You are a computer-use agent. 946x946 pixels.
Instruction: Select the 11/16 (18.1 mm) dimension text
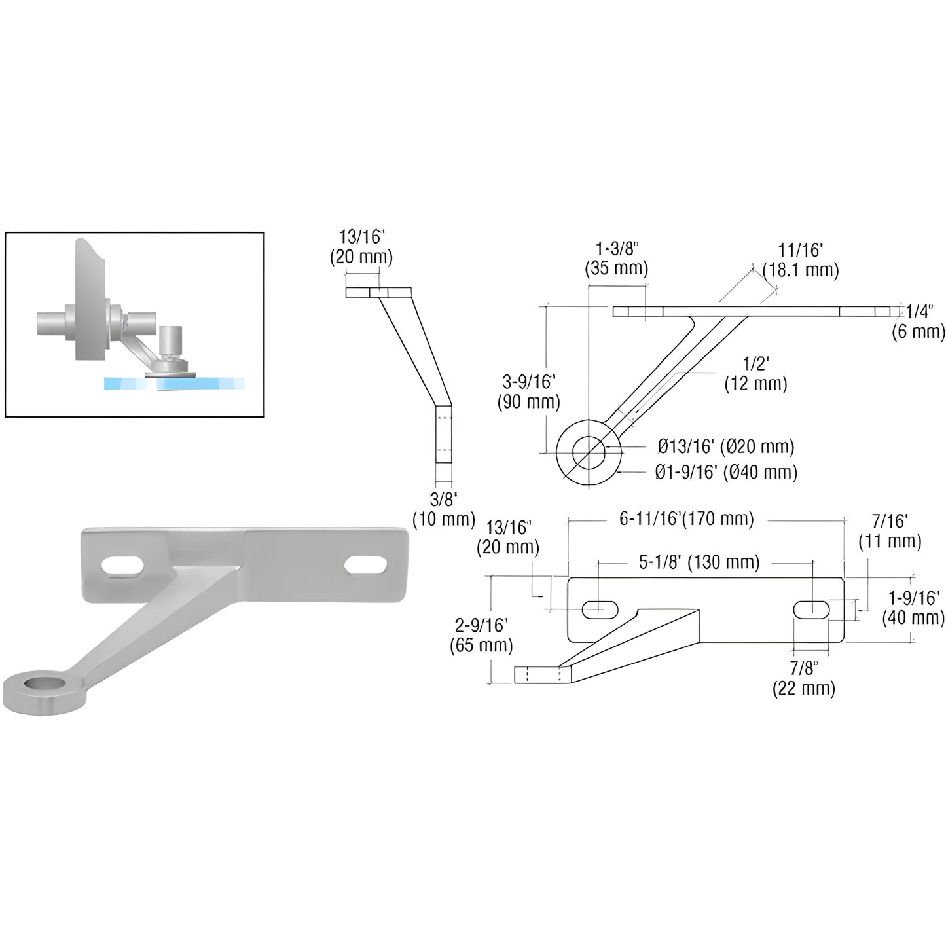(800, 260)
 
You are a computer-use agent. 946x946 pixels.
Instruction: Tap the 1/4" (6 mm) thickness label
(919, 321)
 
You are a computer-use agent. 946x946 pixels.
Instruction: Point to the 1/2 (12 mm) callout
(755, 374)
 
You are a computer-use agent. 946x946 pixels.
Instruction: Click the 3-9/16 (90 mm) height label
(528, 391)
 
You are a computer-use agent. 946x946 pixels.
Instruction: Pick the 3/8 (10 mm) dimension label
(443, 509)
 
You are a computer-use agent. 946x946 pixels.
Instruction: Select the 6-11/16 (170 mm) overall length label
(686, 519)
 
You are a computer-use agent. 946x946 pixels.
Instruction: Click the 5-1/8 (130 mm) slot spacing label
(699, 562)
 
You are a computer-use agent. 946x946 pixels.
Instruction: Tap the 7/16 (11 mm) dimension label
(890, 531)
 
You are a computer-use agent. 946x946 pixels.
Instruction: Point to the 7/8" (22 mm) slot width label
(803, 678)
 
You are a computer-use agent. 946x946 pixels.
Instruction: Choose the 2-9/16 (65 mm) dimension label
(481, 635)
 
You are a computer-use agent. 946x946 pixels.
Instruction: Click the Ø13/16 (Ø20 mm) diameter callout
(725, 446)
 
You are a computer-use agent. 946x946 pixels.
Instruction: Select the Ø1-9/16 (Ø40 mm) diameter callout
(726, 472)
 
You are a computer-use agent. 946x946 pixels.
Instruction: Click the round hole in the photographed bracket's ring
(45, 684)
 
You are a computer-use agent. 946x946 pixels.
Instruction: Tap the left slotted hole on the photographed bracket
(122, 566)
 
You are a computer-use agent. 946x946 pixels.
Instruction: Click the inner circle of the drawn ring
(588, 452)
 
